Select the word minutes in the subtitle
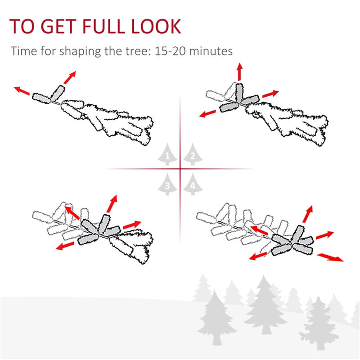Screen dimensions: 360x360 [x=211, y=51]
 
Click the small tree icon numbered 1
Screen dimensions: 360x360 [x=167, y=155]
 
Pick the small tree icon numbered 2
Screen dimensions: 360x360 [x=192, y=155]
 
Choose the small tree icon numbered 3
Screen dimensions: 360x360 [x=167, y=184]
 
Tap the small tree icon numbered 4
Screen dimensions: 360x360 [x=192, y=184]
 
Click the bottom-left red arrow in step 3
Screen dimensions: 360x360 [x=65, y=246]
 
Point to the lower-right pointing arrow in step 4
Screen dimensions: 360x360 [x=328, y=257]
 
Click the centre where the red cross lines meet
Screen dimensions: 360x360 [x=180, y=169]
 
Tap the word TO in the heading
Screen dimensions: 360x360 [x=21, y=27]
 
